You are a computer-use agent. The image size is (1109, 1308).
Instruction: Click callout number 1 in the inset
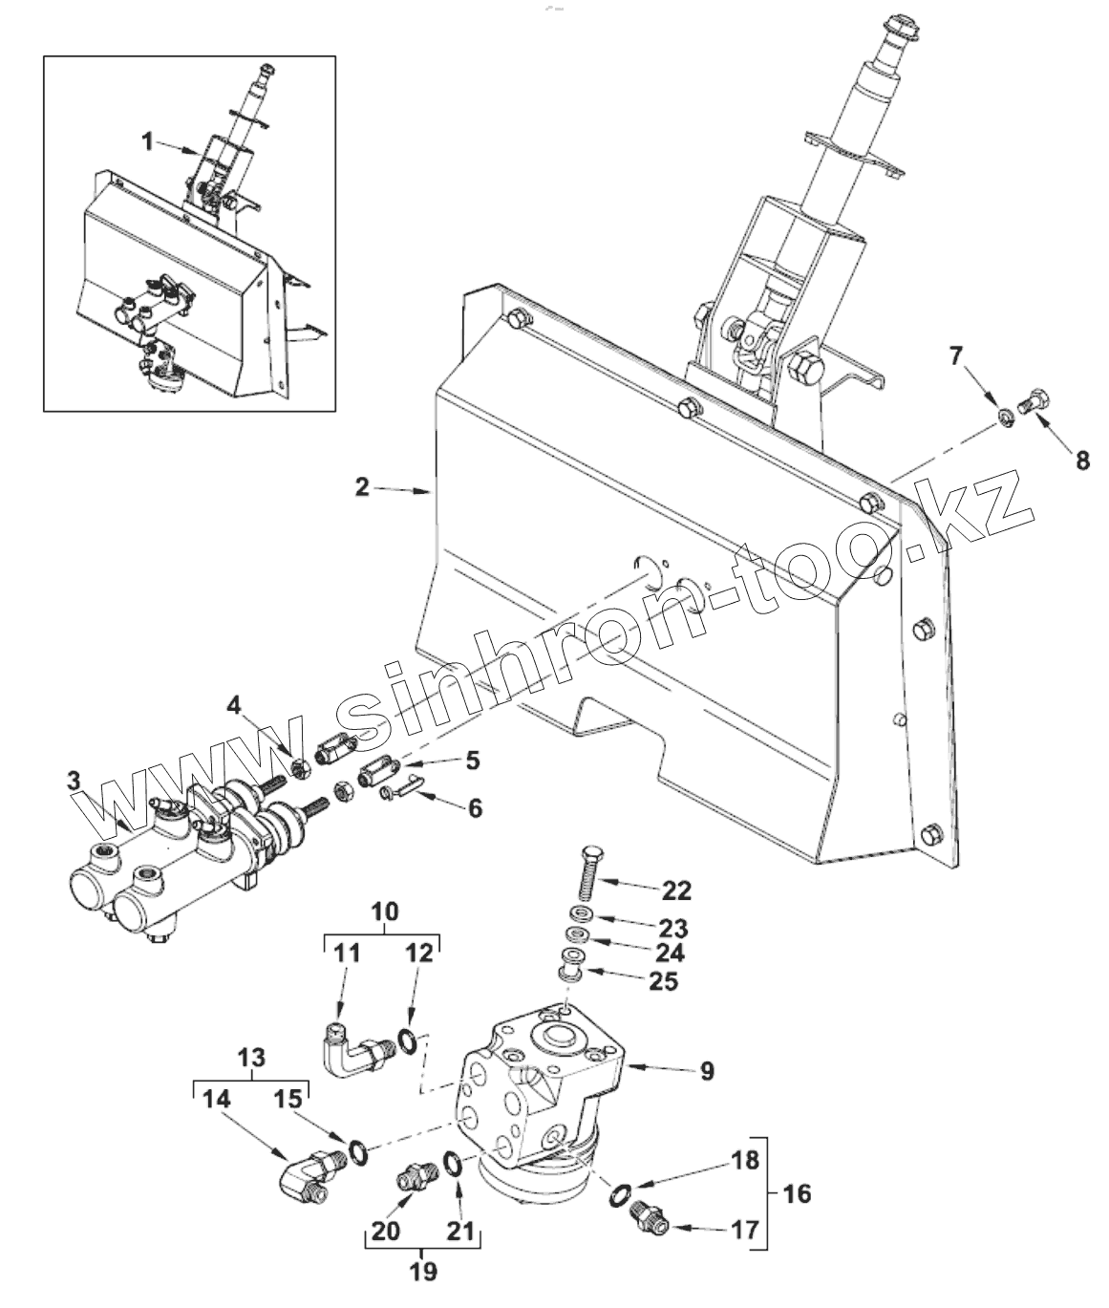pyautogui.click(x=147, y=141)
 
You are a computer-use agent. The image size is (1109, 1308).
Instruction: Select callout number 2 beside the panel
pyautogui.click(x=361, y=486)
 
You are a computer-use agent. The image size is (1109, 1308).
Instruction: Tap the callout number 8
pyautogui.click(x=1081, y=461)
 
